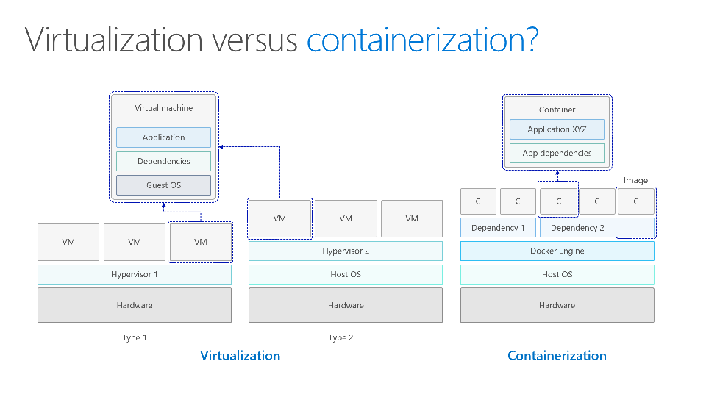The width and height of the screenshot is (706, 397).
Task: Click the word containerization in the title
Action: point(421,40)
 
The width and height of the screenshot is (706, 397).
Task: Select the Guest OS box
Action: point(163,185)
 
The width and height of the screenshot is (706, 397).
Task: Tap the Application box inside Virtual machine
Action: point(163,137)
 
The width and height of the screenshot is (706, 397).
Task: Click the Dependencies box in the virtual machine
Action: point(163,161)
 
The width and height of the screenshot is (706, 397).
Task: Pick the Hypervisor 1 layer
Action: point(135,274)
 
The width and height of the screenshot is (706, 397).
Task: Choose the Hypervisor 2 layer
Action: point(346,251)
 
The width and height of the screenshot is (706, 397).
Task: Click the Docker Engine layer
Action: point(557,251)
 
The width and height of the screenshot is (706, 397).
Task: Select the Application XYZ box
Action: point(557,129)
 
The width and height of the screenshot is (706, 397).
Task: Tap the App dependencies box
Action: point(557,153)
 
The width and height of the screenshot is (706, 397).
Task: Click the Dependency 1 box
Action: point(498,228)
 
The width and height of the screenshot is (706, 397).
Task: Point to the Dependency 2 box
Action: point(577,228)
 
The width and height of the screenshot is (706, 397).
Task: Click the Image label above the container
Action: point(635,180)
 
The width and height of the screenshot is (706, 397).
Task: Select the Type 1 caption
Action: point(135,337)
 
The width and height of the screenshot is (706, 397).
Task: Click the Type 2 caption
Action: point(340,337)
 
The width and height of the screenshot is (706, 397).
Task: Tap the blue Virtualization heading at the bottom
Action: point(240,356)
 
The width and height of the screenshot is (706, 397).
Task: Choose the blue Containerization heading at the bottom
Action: point(557,356)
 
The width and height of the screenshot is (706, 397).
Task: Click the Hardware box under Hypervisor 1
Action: point(135,305)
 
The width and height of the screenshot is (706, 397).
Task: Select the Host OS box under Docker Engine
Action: point(557,274)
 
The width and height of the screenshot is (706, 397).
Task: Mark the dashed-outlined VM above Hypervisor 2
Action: point(279,218)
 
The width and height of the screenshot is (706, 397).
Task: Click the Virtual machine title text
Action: point(163,108)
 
